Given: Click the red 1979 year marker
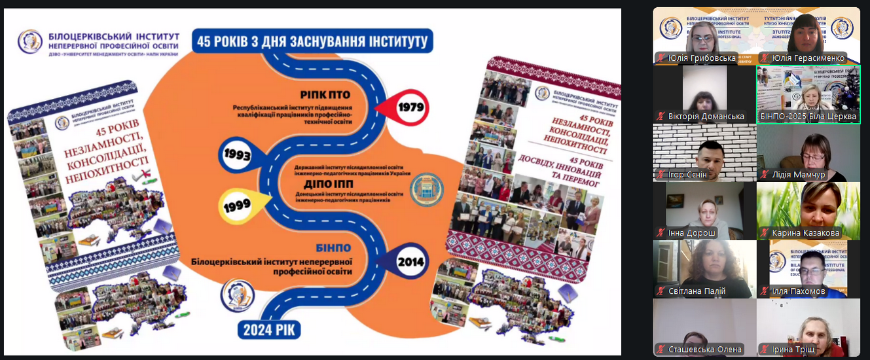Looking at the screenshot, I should pos(410,107).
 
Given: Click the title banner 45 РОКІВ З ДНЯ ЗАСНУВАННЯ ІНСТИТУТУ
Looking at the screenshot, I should pos(311,42).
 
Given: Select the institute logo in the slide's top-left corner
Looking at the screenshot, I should pos(29,41).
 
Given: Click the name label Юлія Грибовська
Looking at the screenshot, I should pos(702,58).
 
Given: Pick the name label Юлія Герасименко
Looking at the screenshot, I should pos(808,58).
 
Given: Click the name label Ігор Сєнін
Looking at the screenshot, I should pos(693,175).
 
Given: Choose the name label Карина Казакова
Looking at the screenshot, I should pos(805,233).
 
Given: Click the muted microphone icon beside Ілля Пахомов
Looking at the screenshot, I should pos(764,291).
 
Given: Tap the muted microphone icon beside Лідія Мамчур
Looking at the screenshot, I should pos(764,175).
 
